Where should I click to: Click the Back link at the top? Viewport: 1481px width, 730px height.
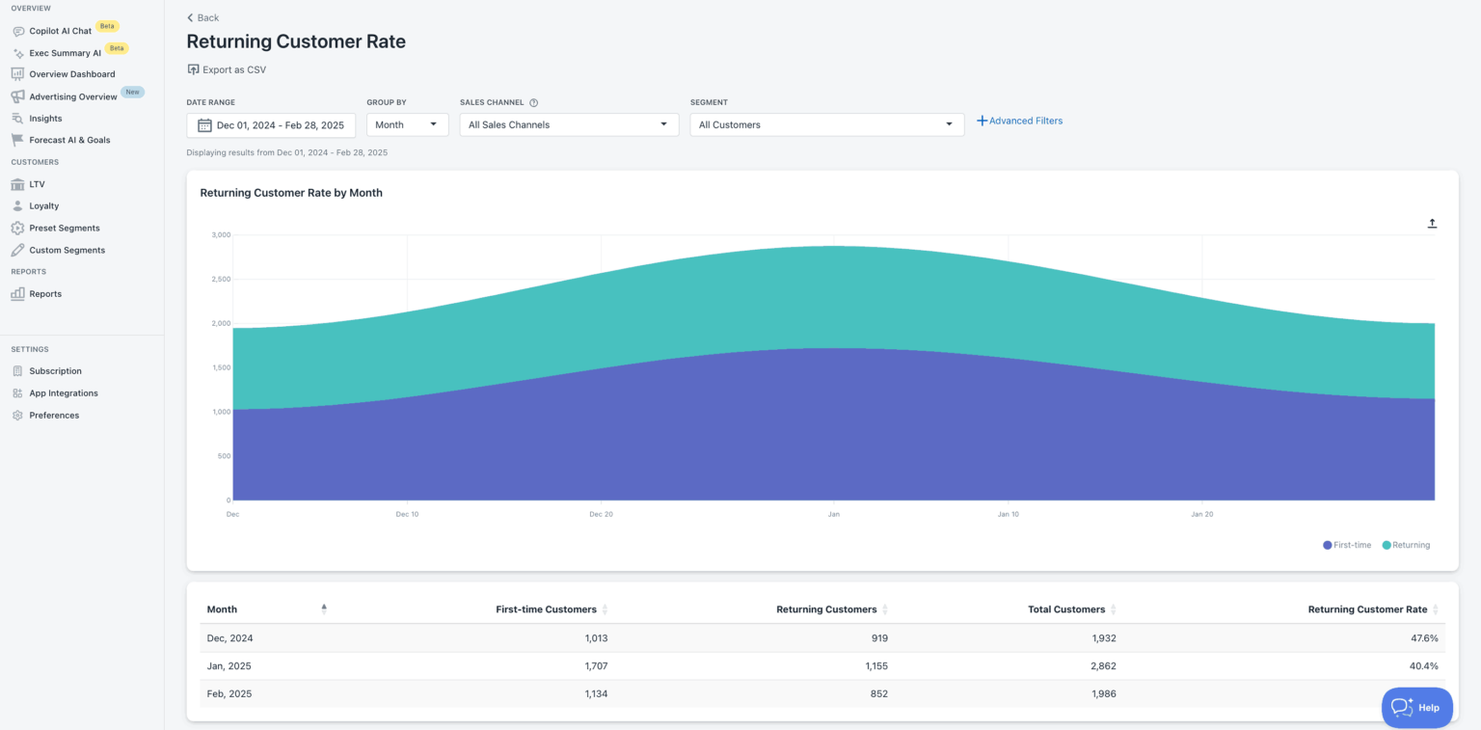point(203,17)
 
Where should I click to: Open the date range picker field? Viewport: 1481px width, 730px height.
point(271,124)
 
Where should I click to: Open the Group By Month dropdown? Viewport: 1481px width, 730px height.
point(407,124)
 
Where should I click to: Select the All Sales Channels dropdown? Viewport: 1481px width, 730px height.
point(569,124)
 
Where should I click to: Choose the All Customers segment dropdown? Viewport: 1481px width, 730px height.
point(826,124)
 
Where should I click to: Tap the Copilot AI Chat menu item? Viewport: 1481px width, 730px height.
point(60,31)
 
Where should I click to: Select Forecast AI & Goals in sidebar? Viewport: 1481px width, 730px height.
point(69,140)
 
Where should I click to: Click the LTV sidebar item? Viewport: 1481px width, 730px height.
point(37,184)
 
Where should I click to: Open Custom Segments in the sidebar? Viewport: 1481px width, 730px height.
point(67,250)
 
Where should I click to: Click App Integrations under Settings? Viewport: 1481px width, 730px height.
point(63,393)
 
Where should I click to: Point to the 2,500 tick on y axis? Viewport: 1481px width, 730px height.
point(221,279)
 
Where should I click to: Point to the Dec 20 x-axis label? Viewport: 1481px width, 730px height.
point(601,514)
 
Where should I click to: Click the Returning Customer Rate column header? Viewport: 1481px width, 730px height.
point(1366,609)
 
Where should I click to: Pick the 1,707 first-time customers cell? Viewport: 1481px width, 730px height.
point(596,666)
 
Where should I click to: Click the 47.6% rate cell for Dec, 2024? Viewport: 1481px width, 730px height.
point(1423,638)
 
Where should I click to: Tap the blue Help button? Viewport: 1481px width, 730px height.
point(1416,707)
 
